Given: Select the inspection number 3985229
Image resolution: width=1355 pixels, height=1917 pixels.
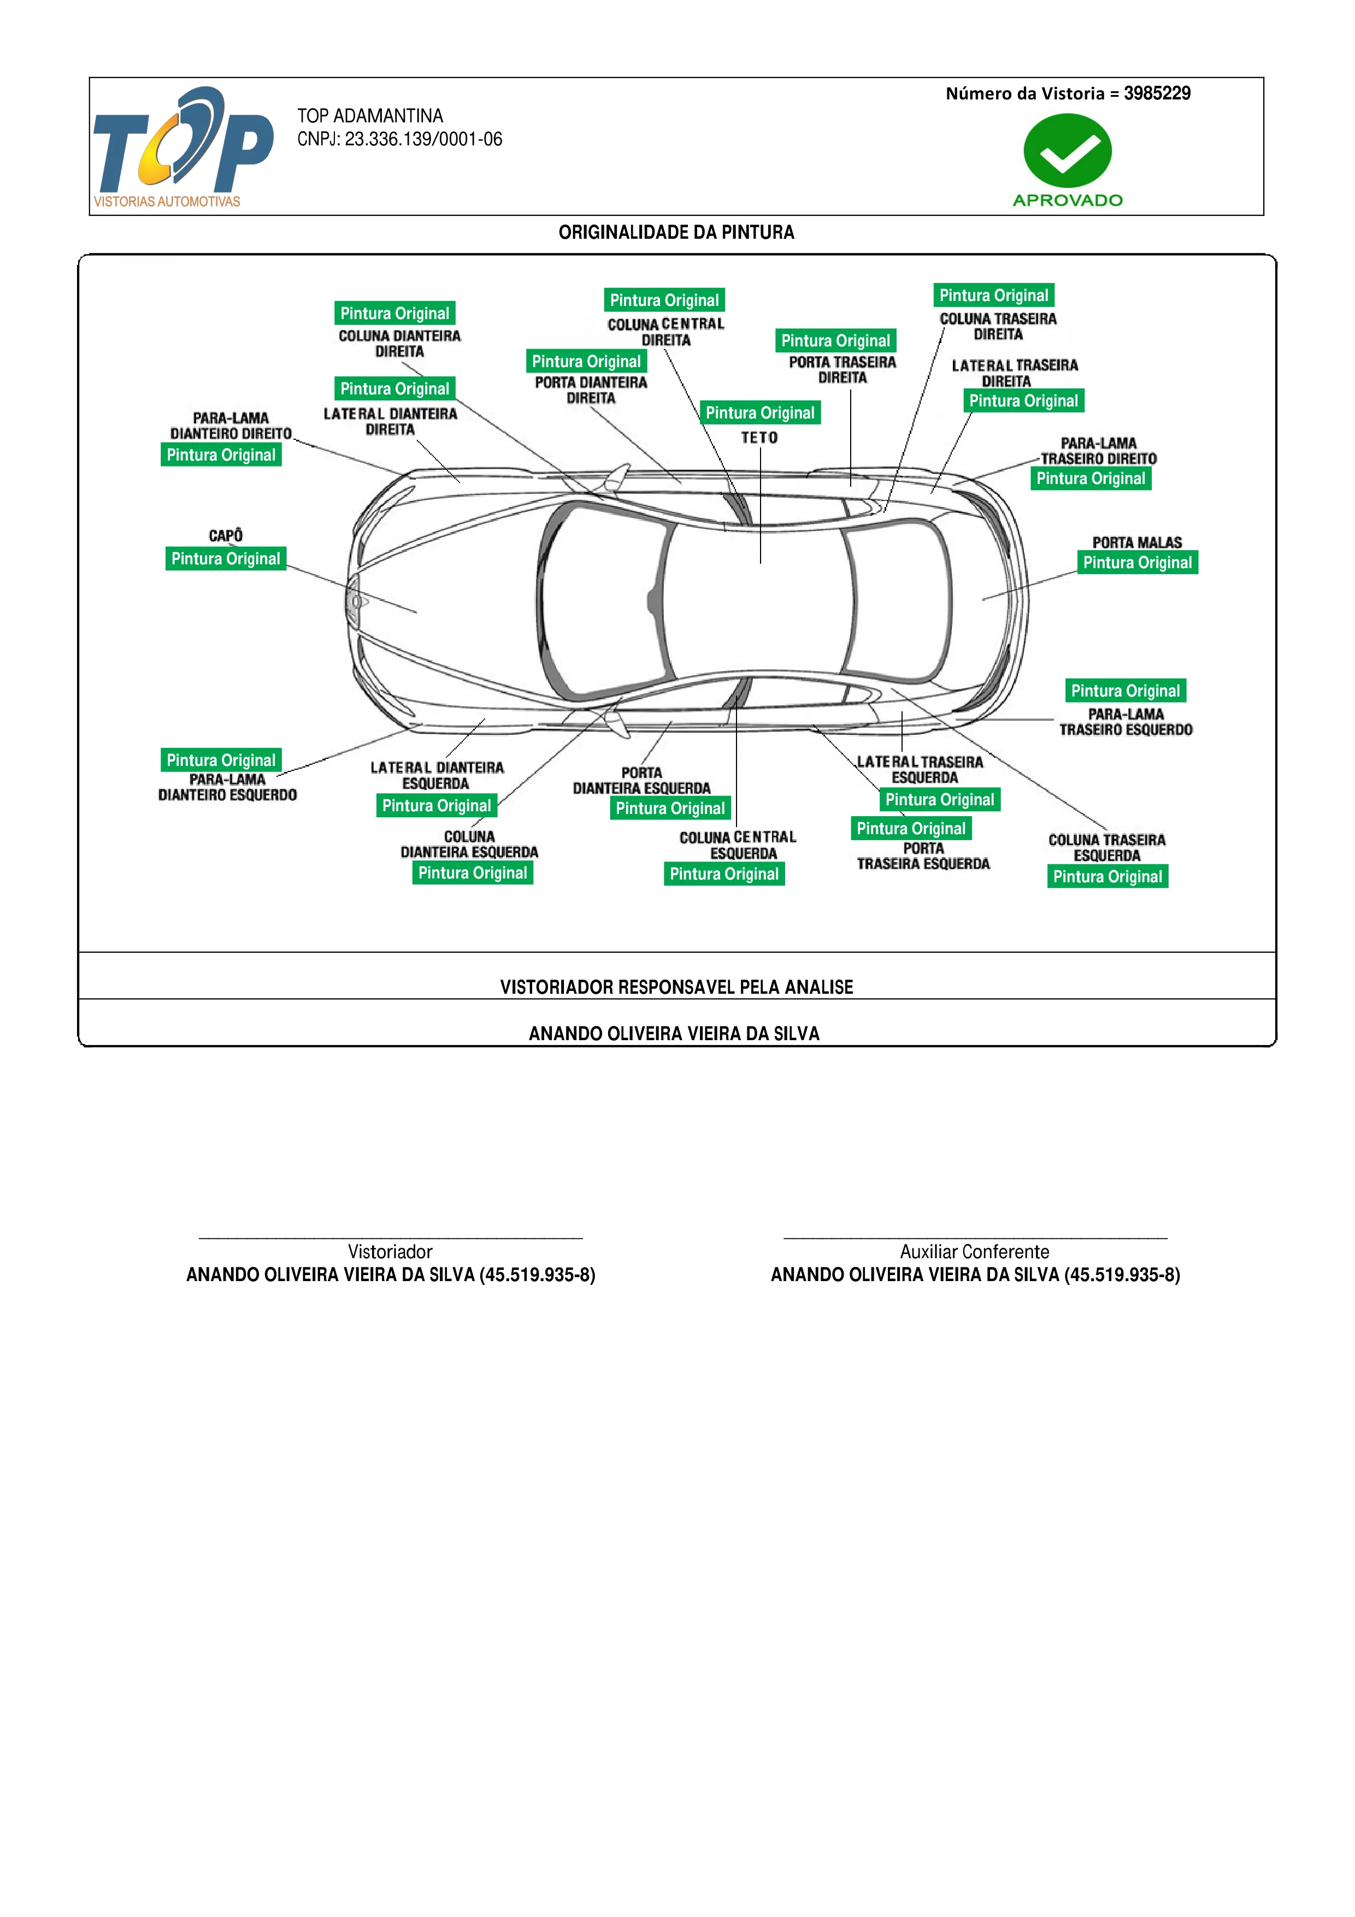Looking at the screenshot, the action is point(1157,93).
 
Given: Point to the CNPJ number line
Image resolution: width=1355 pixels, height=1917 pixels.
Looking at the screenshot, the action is point(400,139).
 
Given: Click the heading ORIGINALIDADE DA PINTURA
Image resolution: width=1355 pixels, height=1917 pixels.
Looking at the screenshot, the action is point(676,232).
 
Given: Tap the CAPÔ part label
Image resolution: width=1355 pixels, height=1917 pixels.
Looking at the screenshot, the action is point(226,535).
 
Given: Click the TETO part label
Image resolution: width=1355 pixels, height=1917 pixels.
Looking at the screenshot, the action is point(760,438).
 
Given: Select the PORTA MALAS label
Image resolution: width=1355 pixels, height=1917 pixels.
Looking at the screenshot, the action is point(1137,542).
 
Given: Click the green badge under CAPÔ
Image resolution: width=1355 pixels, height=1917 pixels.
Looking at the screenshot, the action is point(226,558).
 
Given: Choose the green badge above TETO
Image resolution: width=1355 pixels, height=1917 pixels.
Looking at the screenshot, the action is point(760,412).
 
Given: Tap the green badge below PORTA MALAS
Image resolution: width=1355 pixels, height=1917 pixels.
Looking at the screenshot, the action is point(1137,563).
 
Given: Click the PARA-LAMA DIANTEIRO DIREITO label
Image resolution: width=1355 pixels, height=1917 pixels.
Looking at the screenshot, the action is point(231,426).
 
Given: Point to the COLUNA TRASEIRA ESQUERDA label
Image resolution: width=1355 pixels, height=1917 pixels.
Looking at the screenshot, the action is point(1107,847).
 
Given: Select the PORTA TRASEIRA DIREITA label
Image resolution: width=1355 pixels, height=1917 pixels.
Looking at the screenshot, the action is point(843,370).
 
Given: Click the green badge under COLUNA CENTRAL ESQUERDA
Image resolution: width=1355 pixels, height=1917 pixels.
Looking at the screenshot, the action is point(724,874).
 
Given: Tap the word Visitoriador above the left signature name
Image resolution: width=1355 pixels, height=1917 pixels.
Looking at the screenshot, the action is point(390,1252).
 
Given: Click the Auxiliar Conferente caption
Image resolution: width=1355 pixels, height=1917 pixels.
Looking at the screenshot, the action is point(974,1252).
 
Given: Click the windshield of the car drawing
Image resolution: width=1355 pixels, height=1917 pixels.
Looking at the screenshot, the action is point(601,601).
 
